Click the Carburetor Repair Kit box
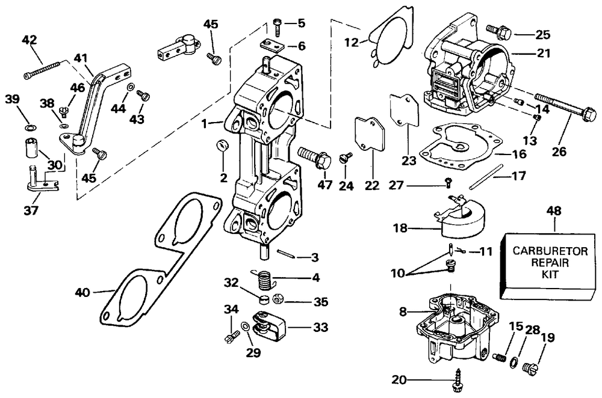550,266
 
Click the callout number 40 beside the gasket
82,293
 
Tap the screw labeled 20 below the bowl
458,379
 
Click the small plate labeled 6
273,45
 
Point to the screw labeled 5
277,26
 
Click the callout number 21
543,54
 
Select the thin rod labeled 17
486,176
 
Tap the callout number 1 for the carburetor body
205,124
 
